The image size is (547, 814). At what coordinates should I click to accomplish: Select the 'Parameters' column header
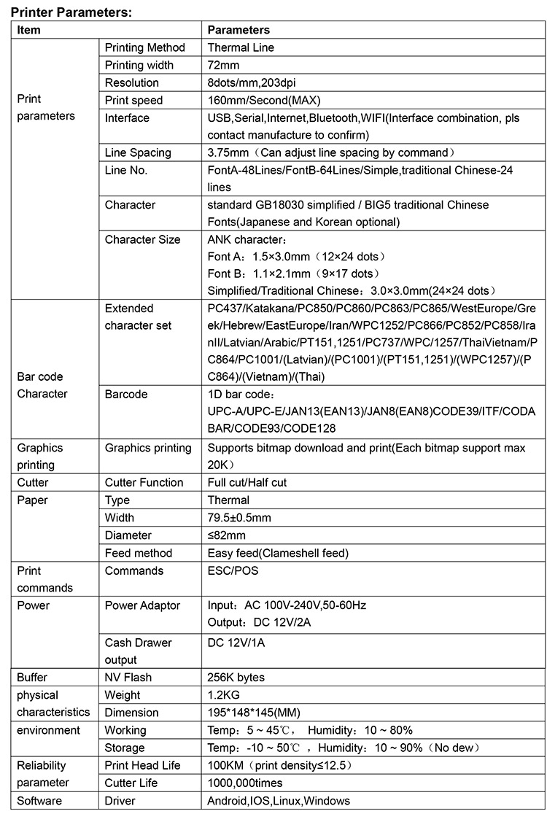pos(238,30)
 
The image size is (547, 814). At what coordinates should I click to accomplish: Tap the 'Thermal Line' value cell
pos(241,47)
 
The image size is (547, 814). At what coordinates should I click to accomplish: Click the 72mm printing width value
pos(224,65)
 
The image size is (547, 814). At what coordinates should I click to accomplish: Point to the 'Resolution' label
pos(131,82)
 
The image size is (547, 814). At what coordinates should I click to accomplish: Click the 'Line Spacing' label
pos(138,152)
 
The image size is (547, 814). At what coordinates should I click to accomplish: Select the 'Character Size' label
pos(142,239)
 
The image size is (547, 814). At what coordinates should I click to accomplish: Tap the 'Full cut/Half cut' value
pos(247,482)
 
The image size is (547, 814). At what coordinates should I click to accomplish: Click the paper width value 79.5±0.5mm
pos(239,517)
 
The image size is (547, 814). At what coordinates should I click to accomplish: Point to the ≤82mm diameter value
pos(226,535)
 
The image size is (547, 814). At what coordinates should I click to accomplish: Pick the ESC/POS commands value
pos(233,570)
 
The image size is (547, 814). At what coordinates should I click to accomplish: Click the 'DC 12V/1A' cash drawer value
pos(237,643)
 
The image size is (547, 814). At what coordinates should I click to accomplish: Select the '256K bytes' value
pos(236,678)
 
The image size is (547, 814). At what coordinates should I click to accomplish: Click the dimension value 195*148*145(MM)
pos(254,713)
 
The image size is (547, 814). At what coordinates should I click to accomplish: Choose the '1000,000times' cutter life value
pos(244,783)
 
